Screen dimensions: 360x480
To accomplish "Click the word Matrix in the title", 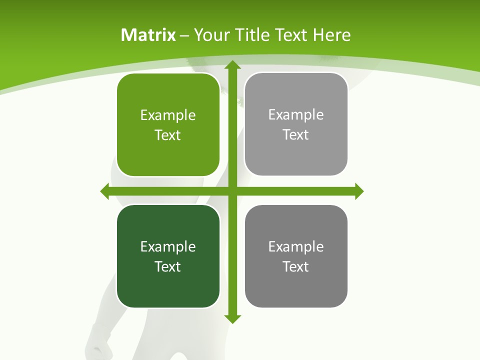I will pos(148,35).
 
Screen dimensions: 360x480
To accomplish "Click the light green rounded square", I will pos(168,125).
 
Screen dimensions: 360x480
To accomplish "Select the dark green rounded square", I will pos(168,256).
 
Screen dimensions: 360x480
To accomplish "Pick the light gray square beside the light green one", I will pos(296,124).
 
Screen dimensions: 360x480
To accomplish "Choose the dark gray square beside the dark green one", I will pos(296,256).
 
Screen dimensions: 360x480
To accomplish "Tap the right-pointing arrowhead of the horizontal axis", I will pos(359,191).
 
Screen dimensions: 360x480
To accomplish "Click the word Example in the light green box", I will pos(168,115).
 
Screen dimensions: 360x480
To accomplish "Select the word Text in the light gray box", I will pos(296,134).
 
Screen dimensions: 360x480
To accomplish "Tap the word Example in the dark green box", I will pos(168,246).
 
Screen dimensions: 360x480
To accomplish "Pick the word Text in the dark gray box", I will pos(296,266).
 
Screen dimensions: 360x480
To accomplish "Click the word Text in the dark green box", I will pos(168,266).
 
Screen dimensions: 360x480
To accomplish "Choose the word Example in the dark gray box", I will pos(296,246).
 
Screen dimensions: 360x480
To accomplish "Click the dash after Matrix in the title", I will pos(184,35).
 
